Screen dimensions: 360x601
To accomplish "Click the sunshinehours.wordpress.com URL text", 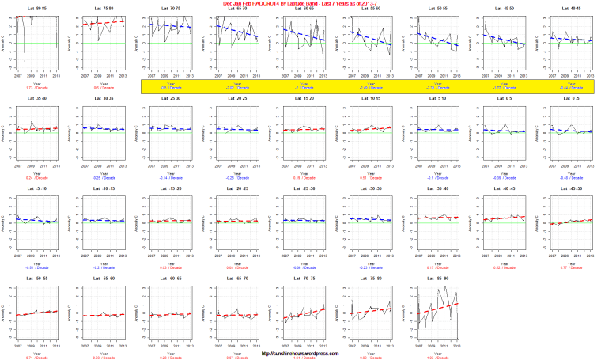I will coord(301,354).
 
